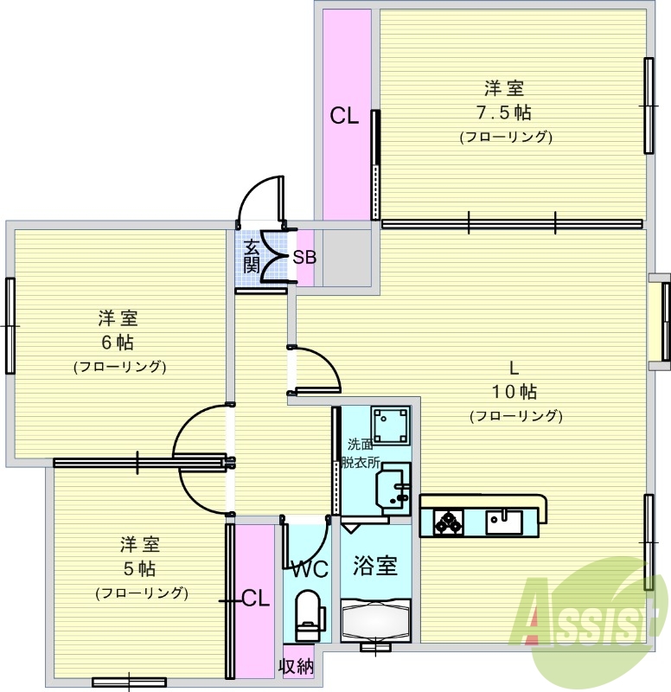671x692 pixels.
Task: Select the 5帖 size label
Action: pyautogui.click(x=140, y=569)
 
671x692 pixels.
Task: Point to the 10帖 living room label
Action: pyautogui.click(x=515, y=390)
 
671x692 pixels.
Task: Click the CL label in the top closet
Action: pyautogui.click(x=343, y=117)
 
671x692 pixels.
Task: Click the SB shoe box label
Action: pyautogui.click(x=304, y=257)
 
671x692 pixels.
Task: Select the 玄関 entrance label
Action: pyautogui.click(x=251, y=255)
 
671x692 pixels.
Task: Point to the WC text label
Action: pyautogui.click(x=308, y=570)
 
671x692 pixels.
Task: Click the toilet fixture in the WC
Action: pyautogui.click(x=308, y=611)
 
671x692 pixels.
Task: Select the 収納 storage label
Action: pyautogui.click(x=296, y=666)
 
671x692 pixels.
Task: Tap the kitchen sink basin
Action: pyautogui.click(x=503, y=521)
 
